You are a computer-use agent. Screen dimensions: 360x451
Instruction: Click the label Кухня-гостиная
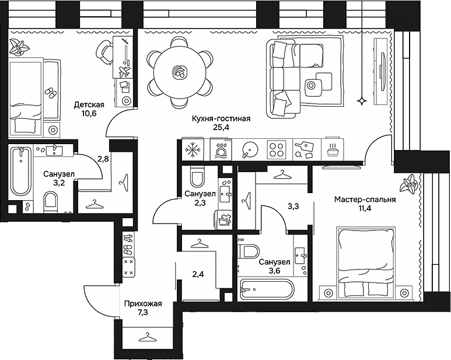click(x=221, y=119)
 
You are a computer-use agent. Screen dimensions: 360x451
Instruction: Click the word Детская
click(x=89, y=105)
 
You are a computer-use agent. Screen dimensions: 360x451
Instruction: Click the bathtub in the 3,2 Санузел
click(x=22, y=172)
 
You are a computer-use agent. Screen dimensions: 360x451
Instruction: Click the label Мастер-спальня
click(x=365, y=200)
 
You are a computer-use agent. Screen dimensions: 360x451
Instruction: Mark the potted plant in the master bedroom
click(x=408, y=186)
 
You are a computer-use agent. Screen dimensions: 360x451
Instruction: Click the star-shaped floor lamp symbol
click(x=362, y=102)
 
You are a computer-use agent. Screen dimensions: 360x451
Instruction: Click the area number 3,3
click(x=294, y=205)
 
